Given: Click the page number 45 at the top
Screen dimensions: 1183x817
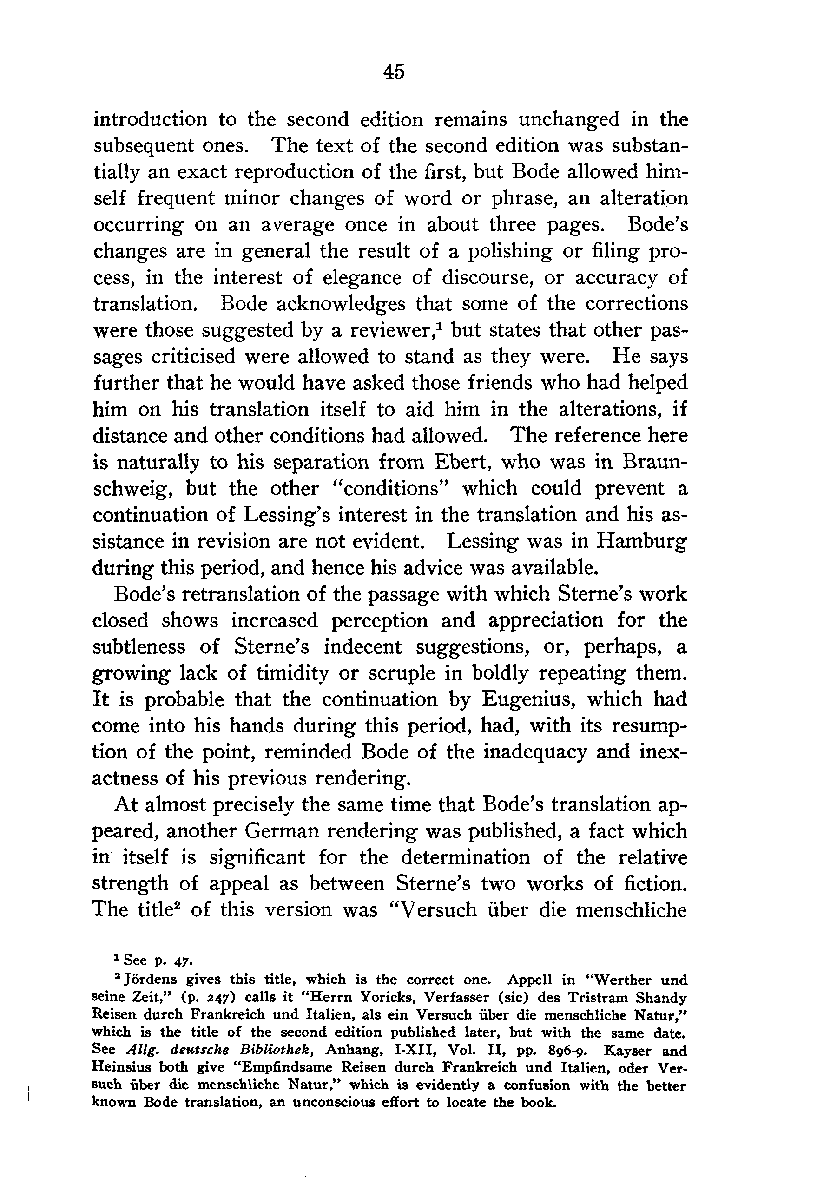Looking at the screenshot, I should pyautogui.click(x=394, y=71).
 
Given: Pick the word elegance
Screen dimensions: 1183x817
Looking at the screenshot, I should pyautogui.click(x=358, y=278).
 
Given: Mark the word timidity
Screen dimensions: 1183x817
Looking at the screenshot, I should pyautogui.click(x=292, y=673).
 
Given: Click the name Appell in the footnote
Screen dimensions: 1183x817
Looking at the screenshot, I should pyautogui.click(x=529, y=980).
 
